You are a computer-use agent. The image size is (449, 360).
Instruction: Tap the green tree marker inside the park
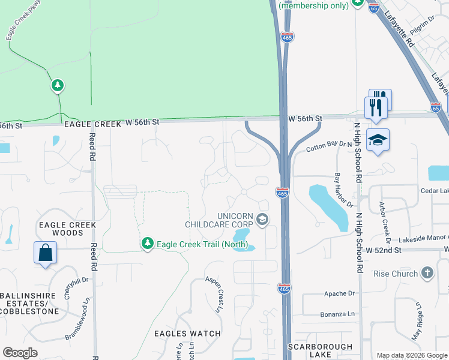click(x=57, y=86)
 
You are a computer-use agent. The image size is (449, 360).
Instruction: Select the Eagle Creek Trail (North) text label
click(x=199, y=244)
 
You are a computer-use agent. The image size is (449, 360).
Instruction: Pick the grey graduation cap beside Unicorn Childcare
click(x=262, y=220)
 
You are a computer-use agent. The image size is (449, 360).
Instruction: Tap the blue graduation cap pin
click(x=377, y=140)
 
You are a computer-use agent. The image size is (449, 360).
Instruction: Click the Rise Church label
click(x=396, y=274)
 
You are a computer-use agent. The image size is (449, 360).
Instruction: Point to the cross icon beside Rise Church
click(x=427, y=274)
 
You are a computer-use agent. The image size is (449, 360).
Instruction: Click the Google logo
click(x=20, y=353)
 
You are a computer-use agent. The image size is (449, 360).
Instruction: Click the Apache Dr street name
click(x=339, y=293)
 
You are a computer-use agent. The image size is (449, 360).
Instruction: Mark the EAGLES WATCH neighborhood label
click(x=187, y=334)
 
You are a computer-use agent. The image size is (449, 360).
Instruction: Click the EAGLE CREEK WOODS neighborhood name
click(x=67, y=229)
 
